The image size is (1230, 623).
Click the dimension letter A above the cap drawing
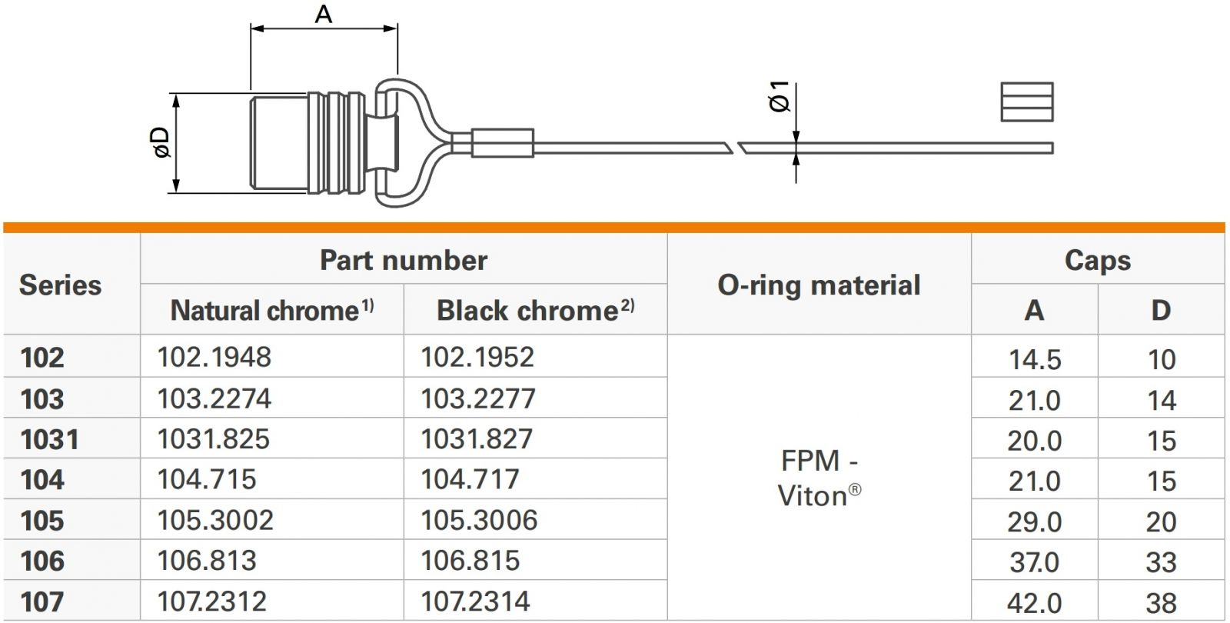324,14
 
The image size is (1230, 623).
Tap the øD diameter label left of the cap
161,143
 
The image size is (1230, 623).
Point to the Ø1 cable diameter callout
780,97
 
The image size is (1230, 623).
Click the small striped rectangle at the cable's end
1027,102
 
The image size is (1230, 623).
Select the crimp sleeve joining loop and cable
503,143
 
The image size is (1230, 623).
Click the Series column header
61,285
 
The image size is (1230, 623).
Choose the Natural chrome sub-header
272,311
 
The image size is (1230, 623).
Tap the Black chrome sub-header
535,311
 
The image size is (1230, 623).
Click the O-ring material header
819,285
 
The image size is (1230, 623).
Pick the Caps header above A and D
1098,260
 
